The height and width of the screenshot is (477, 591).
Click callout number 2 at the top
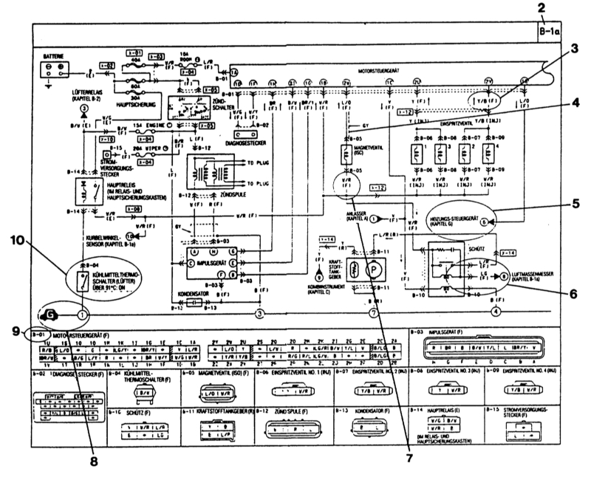(x=542, y=9)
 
